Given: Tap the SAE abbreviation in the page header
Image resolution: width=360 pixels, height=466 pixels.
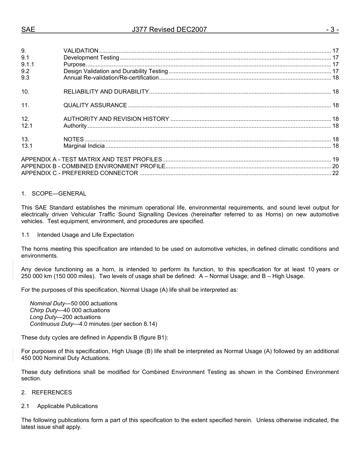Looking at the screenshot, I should (28, 30).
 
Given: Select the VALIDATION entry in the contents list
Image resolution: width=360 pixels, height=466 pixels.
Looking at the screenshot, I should (81, 51).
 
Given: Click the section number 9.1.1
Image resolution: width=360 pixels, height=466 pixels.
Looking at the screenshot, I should (27, 64).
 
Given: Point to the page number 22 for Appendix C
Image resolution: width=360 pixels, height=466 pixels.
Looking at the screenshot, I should (335, 173).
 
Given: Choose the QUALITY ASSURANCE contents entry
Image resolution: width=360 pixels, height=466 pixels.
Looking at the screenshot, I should (95, 105).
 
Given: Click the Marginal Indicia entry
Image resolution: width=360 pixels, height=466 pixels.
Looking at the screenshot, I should (84, 146).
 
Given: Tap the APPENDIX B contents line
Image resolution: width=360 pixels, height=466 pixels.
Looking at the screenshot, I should (93, 166).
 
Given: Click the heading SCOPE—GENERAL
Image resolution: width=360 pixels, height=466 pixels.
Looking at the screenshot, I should (59, 194).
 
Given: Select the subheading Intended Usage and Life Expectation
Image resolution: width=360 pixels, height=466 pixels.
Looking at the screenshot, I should (85, 235).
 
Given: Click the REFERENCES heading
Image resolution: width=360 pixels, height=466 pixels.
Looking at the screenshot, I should (52, 393).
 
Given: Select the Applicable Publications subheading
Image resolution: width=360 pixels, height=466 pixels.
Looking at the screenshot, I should (67, 406).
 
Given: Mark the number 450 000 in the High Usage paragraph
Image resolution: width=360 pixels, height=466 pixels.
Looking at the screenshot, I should (32, 358).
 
